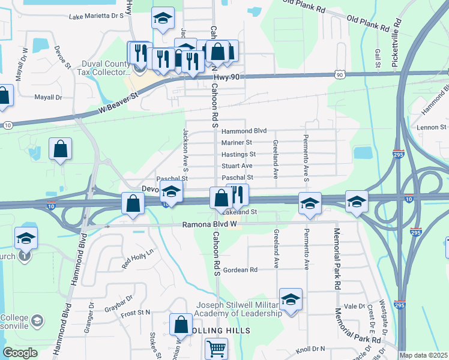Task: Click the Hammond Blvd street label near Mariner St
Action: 244,131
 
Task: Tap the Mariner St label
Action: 237,143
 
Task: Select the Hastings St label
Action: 238,154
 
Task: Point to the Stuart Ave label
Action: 238,166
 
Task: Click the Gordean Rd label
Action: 240,270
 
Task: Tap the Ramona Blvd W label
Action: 210,226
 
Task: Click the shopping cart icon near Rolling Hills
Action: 217,349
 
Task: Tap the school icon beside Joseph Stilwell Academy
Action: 291,300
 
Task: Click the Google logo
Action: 20,353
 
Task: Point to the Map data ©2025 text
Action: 424,355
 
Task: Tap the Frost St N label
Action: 136,312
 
